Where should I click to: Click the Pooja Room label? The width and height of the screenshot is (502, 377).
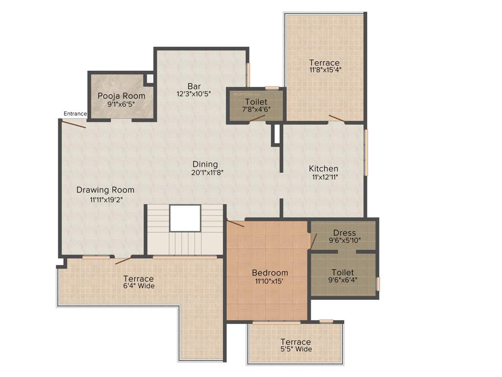pyautogui.click(x=121, y=95)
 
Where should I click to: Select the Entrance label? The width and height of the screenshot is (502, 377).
pyautogui.click(x=75, y=114)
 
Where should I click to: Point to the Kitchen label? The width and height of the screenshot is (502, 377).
pyautogui.click(x=323, y=168)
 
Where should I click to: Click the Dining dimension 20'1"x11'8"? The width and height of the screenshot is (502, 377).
pyautogui.click(x=205, y=172)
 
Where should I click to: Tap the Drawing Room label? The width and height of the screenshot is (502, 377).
pyautogui.click(x=105, y=190)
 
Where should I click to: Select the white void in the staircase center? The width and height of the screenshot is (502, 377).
pyautogui.click(x=185, y=218)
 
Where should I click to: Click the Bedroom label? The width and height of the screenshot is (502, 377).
pyautogui.click(x=270, y=272)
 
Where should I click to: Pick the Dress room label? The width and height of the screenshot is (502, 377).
pyautogui.click(x=344, y=233)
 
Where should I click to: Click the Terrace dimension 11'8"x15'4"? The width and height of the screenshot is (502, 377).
pyautogui.click(x=325, y=70)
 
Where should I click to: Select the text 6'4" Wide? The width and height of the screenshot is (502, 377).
pyautogui.click(x=138, y=286)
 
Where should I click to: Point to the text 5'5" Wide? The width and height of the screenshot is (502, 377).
pyautogui.click(x=295, y=349)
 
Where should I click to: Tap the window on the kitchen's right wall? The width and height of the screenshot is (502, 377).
pyautogui.click(x=366, y=152)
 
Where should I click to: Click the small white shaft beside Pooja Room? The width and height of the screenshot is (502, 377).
pyautogui.click(x=150, y=78)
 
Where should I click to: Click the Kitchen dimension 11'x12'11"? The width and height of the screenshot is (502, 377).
pyautogui.click(x=323, y=177)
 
